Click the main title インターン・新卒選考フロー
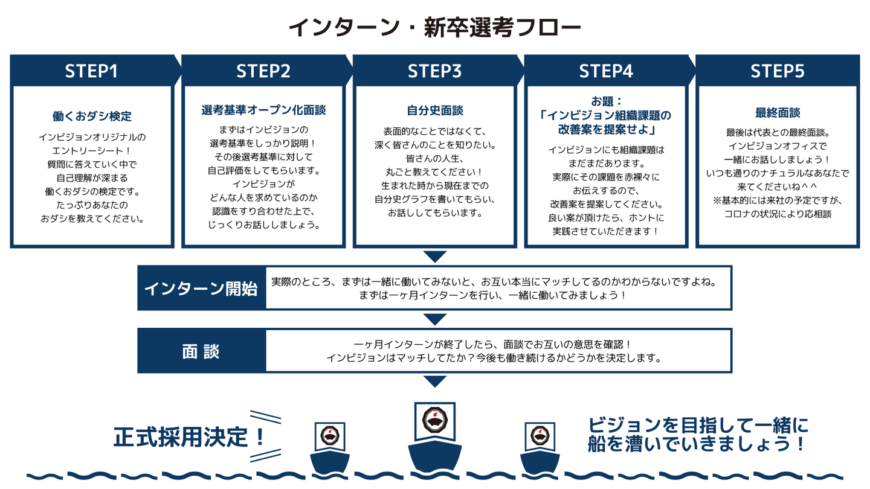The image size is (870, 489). tap(434, 27)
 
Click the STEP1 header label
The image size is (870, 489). tap(91, 71)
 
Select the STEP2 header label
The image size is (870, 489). tap(263, 71)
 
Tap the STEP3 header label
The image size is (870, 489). tap(434, 71)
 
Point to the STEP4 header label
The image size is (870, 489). tap(606, 71)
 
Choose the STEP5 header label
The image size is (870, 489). tap(778, 71)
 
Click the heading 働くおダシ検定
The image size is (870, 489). tap(92, 116)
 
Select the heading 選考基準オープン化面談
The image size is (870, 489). tap(263, 110)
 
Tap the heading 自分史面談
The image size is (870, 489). tap(435, 110)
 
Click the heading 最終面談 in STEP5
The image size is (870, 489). tap(778, 113)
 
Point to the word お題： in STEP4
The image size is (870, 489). tap(606, 100)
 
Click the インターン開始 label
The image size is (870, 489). tap(201, 288)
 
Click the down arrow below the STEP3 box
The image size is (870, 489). tap(435, 257)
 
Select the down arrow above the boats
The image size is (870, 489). tap(435, 381)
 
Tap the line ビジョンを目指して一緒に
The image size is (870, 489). tap(698, 424)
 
